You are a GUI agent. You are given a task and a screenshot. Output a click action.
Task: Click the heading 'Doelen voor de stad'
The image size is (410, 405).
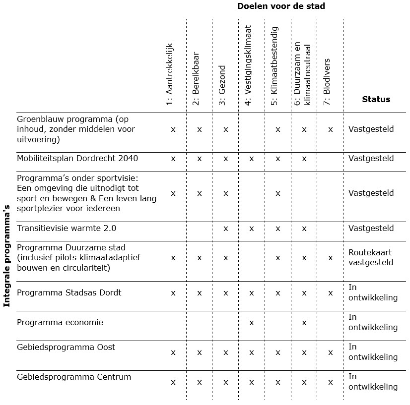tap(281, 6)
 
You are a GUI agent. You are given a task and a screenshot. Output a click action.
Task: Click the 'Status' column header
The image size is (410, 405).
tap(376, 99)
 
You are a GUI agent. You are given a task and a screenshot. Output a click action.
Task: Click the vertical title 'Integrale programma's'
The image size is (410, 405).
tap(7, 257)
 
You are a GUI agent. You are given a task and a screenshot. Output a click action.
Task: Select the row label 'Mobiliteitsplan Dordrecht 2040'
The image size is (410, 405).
tap(77, 159)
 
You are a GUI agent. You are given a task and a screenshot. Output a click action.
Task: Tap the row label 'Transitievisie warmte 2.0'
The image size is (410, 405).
tap(67, 229)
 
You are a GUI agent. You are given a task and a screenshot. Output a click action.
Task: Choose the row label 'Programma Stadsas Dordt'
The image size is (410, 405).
tap(69, 292)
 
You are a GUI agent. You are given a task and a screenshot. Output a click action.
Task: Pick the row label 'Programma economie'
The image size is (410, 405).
tap(60, 322)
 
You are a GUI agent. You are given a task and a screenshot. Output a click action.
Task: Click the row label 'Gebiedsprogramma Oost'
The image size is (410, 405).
tap(66, 347)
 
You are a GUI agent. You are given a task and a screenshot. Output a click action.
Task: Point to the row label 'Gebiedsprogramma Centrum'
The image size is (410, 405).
tap(74, 377)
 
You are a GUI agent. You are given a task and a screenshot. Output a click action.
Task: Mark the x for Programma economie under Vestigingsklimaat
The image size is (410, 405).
tap(252, 323)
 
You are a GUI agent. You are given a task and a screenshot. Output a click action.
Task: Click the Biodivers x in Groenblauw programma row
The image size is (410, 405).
tap(330, 129)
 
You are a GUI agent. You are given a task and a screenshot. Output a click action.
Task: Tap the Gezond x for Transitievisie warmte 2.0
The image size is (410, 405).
tap(225, 229)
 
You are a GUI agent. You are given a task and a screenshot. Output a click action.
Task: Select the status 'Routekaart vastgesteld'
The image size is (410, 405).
tap(371, 258)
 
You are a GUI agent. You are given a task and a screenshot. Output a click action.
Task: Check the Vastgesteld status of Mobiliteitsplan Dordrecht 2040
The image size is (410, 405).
tap(371, 159)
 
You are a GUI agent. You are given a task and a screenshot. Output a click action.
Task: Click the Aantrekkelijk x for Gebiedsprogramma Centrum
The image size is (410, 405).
tap(173, 382)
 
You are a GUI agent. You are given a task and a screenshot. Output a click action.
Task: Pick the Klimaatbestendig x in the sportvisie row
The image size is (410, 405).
tap(278, 193)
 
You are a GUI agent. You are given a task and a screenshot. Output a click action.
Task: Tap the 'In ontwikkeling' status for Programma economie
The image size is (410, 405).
tap(373, 322)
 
